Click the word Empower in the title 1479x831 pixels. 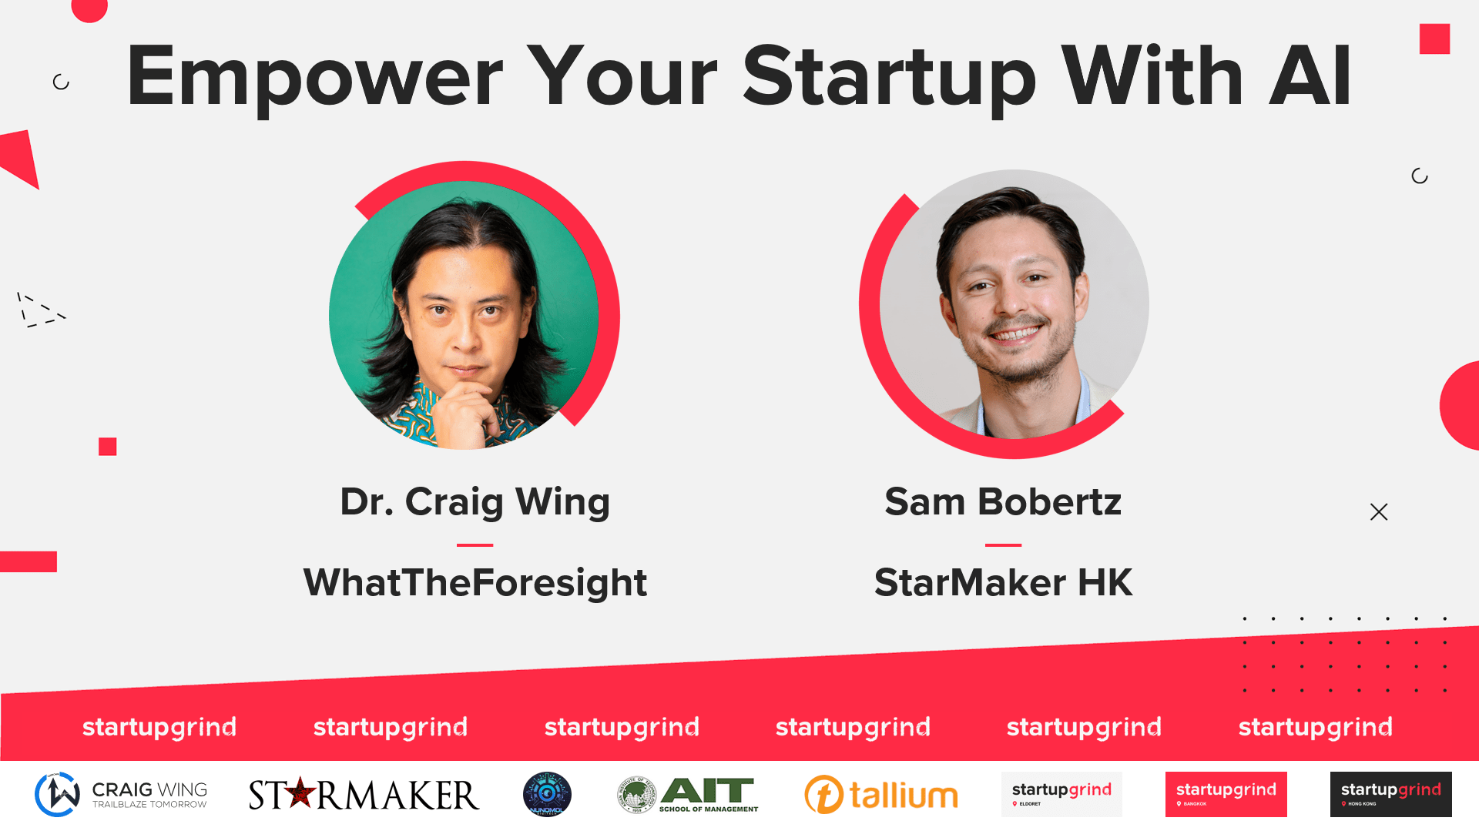[314, 77]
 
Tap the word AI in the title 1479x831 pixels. [1310, 77]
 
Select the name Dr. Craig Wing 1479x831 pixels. [475, 502]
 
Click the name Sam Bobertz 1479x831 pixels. [1003, 502]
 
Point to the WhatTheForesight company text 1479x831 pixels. [475, 582]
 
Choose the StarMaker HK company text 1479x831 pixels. [1003, 582]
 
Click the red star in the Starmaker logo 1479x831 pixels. [300, 792]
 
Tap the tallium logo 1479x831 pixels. [881, 795]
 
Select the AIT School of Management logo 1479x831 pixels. [688, 795]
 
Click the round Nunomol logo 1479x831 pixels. [547, 794]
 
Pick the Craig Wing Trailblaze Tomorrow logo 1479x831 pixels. [121, 795]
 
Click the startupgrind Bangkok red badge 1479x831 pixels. [1226, 794]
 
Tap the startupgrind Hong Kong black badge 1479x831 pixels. [1390, 794]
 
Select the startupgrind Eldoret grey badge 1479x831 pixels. [1061, 794]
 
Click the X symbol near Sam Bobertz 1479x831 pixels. [1379, 512]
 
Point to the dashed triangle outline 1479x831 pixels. [39, 310]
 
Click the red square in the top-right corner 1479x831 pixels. [1434, 39]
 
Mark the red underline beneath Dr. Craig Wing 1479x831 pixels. [475, 545]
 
